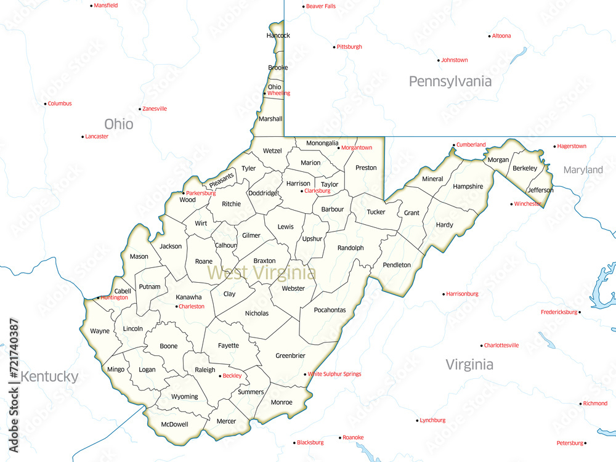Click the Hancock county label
tap(278, 36)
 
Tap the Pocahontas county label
tap(330, 310)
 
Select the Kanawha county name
tap(188, 297)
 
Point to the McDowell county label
tap(174, 424)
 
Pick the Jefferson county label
tap(540, 190)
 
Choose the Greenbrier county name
tap(290, 355)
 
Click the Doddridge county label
tap(263, 193)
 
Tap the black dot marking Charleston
tap(177, 306)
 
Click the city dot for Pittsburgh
tap(334, 47)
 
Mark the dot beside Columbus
tap(45, 103)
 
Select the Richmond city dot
tap(580, 404)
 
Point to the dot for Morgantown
tap(338, 148)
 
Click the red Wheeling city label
tap(278, 94)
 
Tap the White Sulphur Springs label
tap(334, 374)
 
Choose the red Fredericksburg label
tap(559, 312)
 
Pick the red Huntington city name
tap(115, 298)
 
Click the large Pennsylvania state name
tap(450, 81)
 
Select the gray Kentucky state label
tap(49, 376)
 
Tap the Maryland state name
tap(583, 169)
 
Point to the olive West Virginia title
tap(262, 272)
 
